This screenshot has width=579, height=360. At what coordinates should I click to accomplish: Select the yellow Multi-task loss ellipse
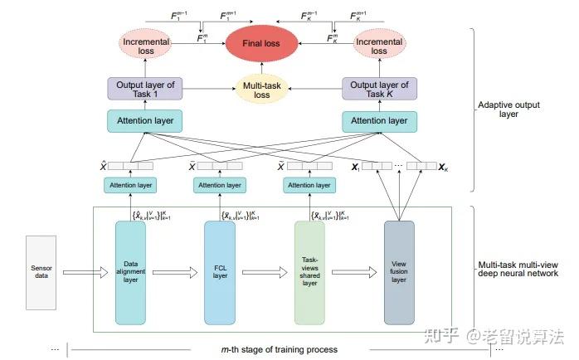[261, 90]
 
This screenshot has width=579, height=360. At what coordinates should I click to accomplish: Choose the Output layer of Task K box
[380, 90]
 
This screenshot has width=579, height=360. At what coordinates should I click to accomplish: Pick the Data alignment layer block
[131, 271]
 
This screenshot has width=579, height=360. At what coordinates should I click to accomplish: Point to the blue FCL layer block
[221, 271]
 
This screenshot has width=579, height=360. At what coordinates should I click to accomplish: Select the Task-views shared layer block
[310, 271]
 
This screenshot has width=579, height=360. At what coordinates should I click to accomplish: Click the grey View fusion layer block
[400, 271]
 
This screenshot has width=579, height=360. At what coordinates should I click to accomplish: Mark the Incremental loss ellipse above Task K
[379, 45]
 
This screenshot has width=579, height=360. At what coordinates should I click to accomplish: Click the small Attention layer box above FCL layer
[221, 185]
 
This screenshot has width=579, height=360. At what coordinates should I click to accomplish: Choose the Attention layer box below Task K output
[380, 121]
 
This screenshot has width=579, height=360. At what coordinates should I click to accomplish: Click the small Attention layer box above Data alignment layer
[131, 185]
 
